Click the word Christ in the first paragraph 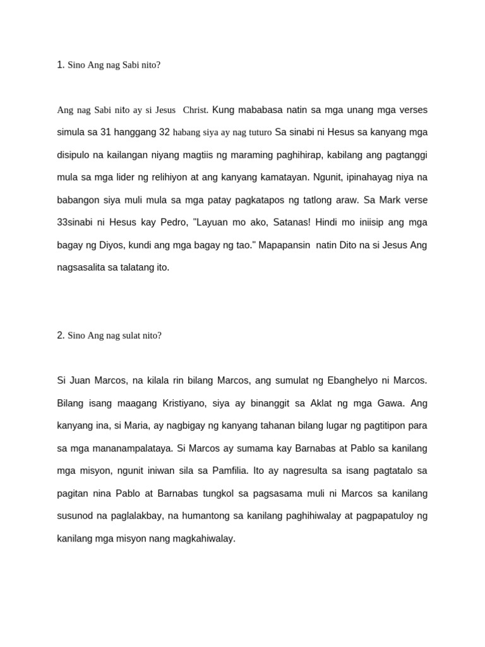pos(195,111)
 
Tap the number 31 pos(106,133)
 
